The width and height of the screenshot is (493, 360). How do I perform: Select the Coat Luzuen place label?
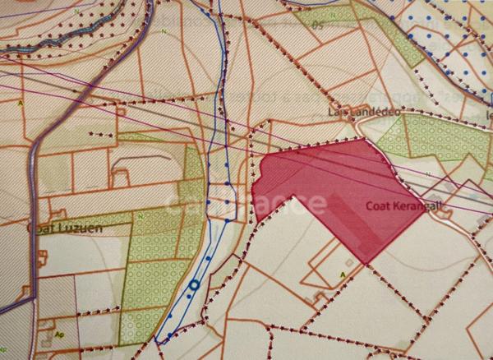pos(66,227)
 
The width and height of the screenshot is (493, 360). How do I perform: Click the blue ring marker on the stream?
pos(194,285)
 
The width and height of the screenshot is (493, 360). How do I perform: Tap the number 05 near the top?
pos(317,25)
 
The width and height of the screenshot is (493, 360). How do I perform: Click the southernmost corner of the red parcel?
pos(366,263)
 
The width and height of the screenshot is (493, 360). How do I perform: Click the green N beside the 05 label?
pos(165,30)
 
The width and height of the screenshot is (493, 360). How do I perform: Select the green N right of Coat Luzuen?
pos(141,215)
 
